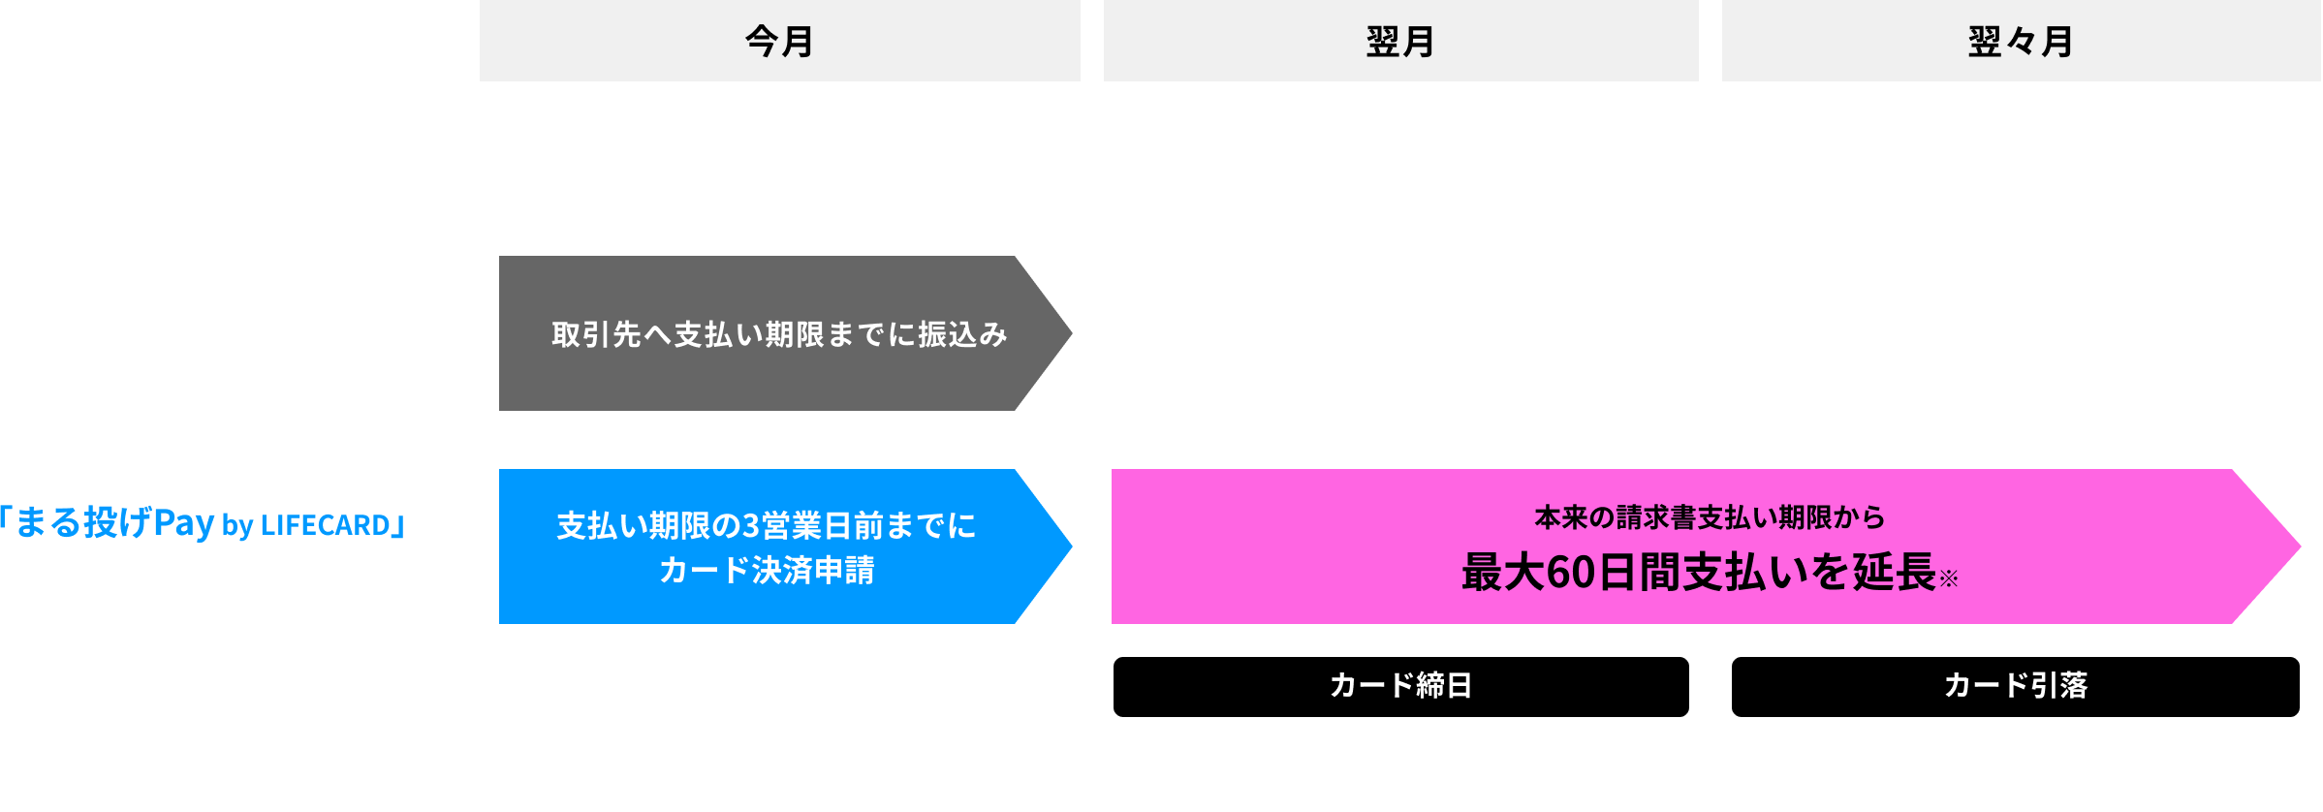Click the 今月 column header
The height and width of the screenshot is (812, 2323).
pyautogui.click(x=779, y=41)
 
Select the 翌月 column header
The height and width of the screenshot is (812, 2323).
pyautogui.click(x=1400, y=41)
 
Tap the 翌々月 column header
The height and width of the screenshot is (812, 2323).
pyautogui.click(x=2021, y=41)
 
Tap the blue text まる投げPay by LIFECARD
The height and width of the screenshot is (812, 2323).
pyautogui.click(x=204, y=523)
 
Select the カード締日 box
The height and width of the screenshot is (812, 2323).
pyautogui.click(x=1400, y=686)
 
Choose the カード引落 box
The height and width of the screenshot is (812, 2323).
pyautogui.click(x=2015, y=686)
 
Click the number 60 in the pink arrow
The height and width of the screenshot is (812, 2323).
pyautogui.click(x=1571, y=573)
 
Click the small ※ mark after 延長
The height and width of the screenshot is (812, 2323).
pyautogui.click(x=1949, y=579)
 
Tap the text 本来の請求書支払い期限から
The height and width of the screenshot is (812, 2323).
pyautogui.click(x=1710, y=517)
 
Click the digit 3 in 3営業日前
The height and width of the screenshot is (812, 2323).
pyautogui.click(x=751, y=525)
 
